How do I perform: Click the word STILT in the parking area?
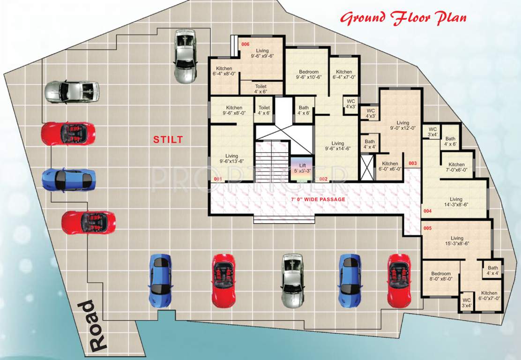coord(167,139)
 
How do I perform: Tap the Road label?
coord(92,326)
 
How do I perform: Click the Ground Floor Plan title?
coord(403,19)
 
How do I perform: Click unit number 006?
coord(245,45)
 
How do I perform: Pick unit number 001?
coord(217,179)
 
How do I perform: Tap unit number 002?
coord(323,179)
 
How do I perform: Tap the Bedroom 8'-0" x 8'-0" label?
coord(441,276)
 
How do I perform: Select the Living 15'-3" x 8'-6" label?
coord(457,241)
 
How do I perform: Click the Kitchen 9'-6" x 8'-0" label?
coord(234,110)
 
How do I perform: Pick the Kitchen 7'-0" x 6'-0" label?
coord(456,167)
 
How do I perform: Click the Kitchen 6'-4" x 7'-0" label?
coord(344,75)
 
